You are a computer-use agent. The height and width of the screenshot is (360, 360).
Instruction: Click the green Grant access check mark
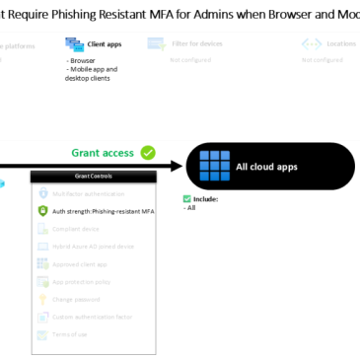(148, 152)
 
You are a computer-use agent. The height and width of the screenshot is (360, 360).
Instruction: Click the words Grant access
(103, 153)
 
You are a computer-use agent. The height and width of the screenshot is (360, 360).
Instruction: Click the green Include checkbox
(188, 198)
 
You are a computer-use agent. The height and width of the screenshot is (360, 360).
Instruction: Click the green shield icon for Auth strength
(42, 210)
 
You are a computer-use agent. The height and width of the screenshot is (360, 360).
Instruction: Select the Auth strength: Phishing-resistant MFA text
(103, 210)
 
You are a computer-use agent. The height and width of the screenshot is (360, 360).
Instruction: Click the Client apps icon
(74, 44)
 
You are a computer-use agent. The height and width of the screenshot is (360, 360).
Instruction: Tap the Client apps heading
(105, 44)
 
